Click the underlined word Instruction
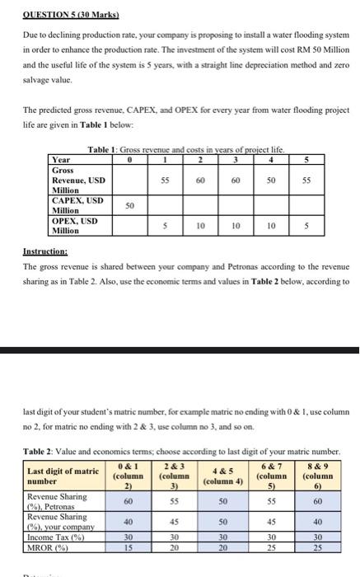coord(46,253)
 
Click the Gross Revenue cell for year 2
coord(201,177)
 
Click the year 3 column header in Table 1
coord(237,160)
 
